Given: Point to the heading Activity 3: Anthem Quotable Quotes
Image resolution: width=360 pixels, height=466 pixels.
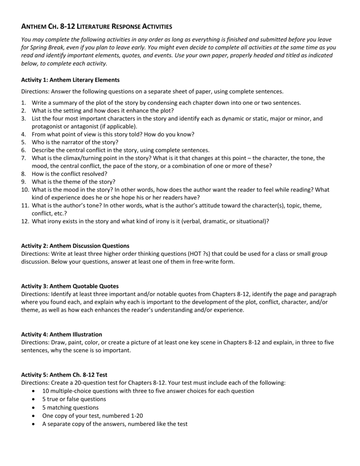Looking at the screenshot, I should click(70, 286).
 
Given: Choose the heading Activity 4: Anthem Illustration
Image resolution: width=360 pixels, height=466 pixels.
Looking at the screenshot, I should click(62, 334).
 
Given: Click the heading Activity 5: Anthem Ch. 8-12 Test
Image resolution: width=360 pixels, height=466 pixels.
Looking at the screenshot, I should click(64, 375).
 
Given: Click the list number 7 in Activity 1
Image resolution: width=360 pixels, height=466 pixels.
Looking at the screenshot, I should click(25, 158).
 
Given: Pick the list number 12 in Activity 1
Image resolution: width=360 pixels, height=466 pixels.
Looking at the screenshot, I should click(25, 221).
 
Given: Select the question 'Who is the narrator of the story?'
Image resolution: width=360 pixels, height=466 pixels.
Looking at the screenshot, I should click(75, 142).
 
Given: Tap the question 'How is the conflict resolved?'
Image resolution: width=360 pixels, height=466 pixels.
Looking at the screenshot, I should click(70, 174).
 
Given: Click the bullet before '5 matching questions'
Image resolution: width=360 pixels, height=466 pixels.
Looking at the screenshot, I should click(36, 407).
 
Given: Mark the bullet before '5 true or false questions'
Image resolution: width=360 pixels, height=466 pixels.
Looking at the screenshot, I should click(36, 399).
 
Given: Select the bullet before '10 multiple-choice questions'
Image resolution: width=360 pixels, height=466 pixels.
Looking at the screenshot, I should click(36, 391).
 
